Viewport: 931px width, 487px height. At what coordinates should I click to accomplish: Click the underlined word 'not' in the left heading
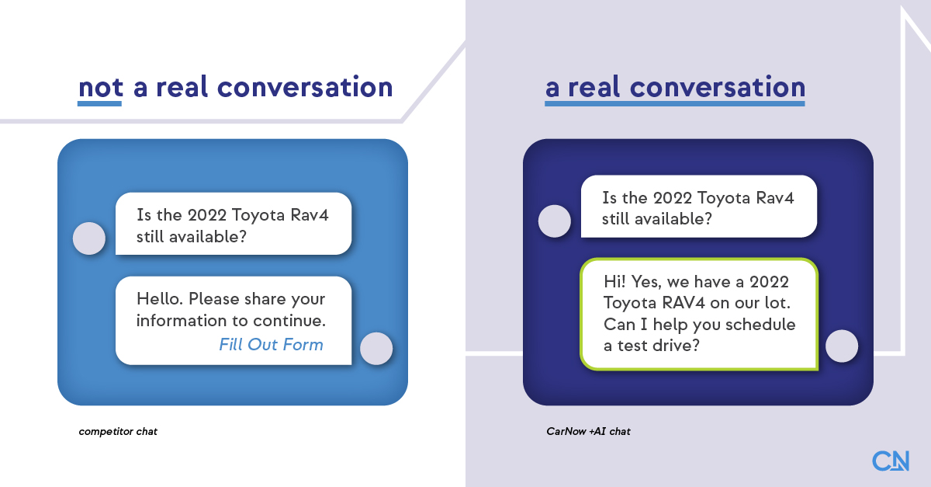pos(100,87)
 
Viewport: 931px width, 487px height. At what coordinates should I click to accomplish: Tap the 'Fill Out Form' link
pos(271,344)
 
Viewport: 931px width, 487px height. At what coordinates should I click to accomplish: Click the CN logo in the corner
pos(890,461)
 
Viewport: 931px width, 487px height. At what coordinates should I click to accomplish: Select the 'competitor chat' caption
pos(118,431)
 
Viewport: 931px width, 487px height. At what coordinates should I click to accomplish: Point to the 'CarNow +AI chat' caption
pos(588,431)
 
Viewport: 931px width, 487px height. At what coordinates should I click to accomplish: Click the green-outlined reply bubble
pos(698,314)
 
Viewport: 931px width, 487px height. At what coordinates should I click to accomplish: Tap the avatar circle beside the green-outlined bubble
pos(841,346)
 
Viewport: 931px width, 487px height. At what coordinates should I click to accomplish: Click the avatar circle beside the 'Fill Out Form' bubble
pos(377,348)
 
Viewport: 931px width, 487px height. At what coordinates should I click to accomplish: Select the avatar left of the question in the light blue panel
pos(88,238)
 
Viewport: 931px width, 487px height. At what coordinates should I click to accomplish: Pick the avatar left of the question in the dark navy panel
pos(554,221)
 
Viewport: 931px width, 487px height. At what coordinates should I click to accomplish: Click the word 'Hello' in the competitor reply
pos(158,299)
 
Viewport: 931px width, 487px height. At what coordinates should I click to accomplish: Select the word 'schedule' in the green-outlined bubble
pos(763,324)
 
